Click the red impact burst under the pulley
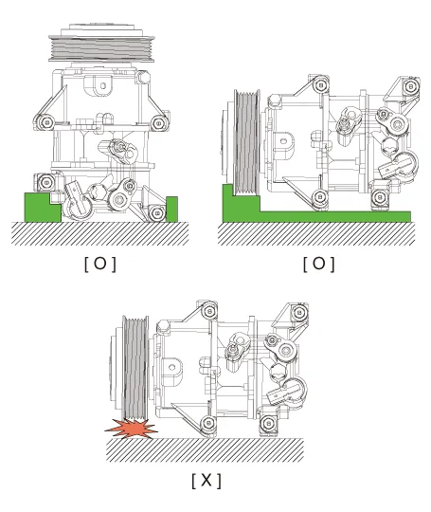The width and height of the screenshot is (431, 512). pos(131,429)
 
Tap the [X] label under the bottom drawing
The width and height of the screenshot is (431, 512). pos(207,480)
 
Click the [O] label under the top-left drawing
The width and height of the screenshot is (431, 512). pos(100,264)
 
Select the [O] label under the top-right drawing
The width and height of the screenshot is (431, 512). pos(319,264)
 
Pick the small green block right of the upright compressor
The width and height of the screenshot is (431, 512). pos(172,209)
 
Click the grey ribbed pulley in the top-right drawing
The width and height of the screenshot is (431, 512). pos(246,142)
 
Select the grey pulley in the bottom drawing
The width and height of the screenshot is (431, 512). pos(135,367)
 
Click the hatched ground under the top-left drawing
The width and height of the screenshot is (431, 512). pos(100,233)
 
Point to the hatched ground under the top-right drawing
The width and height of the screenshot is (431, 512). pos(316,233)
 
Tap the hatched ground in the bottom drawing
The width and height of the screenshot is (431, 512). pos(206,450)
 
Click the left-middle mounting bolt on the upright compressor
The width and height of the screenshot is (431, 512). pos(45,122)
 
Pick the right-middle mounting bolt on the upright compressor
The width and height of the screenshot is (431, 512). pos(159,123)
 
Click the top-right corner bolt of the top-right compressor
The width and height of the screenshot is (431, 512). pos(411,86)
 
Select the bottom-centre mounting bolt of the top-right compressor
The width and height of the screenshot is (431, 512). pos(320,197)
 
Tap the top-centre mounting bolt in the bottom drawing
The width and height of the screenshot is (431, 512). pos(208,311)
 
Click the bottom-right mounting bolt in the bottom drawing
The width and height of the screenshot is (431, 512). pos(268,423)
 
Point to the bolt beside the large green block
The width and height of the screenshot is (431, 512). pos(45,182)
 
